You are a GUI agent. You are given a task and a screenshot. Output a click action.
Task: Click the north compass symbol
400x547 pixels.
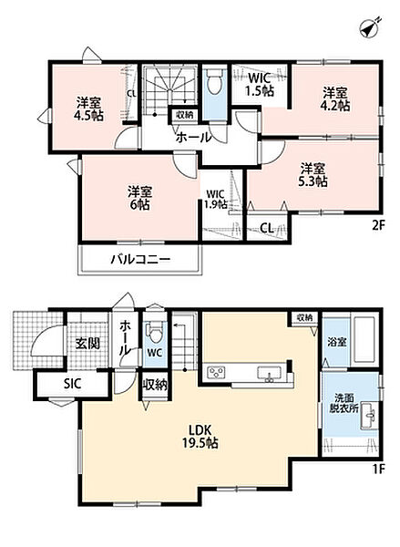[x=370, y=27]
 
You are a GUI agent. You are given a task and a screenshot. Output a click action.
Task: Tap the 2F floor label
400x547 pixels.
[x=378, y=226]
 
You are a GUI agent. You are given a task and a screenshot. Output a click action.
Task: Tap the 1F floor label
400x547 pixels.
[x=378, y=470]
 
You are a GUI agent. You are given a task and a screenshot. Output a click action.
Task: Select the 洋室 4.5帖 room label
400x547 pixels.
[x=88, y=108]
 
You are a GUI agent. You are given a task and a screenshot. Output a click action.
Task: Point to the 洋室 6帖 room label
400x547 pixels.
[x=139, y=198]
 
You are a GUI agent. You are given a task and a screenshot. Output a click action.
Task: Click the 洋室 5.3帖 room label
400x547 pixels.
[x=313, y=175]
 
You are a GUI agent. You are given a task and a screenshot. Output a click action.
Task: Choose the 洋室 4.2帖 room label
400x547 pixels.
[x=334, y=99]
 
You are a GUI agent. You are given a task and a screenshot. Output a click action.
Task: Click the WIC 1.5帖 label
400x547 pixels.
[x=259, y=84]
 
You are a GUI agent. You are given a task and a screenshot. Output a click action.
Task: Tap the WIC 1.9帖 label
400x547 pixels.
[x=216, y=199]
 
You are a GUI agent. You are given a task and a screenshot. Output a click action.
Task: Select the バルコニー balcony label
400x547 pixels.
[x=140, y=259]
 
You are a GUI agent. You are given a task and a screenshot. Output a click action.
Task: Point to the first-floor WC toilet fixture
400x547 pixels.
[x=155, y=333]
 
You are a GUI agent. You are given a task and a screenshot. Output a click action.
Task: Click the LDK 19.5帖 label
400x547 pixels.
[x=200, y=436]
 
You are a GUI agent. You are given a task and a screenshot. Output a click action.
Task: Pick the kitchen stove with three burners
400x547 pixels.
[x=217, y=372]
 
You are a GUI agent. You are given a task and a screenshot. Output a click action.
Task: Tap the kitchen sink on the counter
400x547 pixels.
[x=269, y=373]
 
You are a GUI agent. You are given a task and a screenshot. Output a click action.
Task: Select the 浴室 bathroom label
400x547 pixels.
[x=337, y=342]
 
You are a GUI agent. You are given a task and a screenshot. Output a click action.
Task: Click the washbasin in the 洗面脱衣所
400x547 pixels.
[x=368, y=415]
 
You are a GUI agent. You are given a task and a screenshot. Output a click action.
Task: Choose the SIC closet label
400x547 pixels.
[x=73, y=384]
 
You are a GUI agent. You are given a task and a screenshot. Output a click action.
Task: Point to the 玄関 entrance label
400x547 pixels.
[x=87, y=344]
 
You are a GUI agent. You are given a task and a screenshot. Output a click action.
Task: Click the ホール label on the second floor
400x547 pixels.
[x=193, y=137]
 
